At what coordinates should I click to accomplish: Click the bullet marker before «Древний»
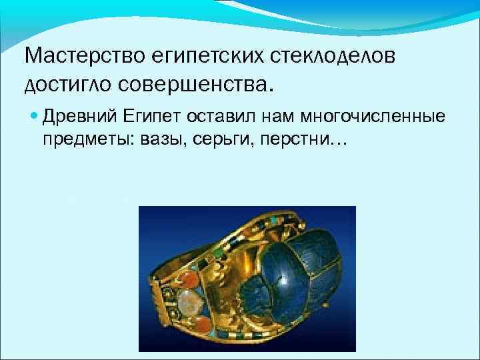tap(35, 118)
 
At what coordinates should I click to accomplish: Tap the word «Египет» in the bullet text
tap(151, 118)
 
